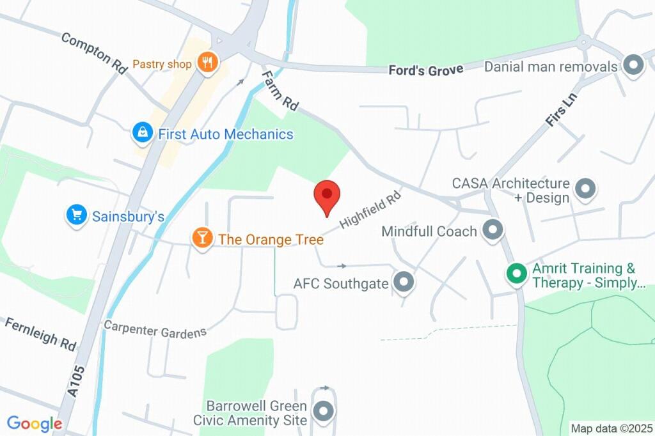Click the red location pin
(x=327, y=196)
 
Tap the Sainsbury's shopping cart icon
(x=76, y=215)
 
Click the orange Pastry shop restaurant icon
(x=207, y=63)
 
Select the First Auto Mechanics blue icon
(x=141, y=134)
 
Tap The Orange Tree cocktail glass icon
(x=202, y=238)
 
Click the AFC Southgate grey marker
(x=403, y=282)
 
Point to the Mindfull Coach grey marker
(x=492, y=230)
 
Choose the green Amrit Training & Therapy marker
(x=516, y=274)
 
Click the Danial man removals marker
(x=633, y=66)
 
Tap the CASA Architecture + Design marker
(x=585, y=189)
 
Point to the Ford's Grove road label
(x=426, y=70)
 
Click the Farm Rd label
(x=279, y=91)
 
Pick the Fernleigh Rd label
(x=40, y=332)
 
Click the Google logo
(x=35, y=423)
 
